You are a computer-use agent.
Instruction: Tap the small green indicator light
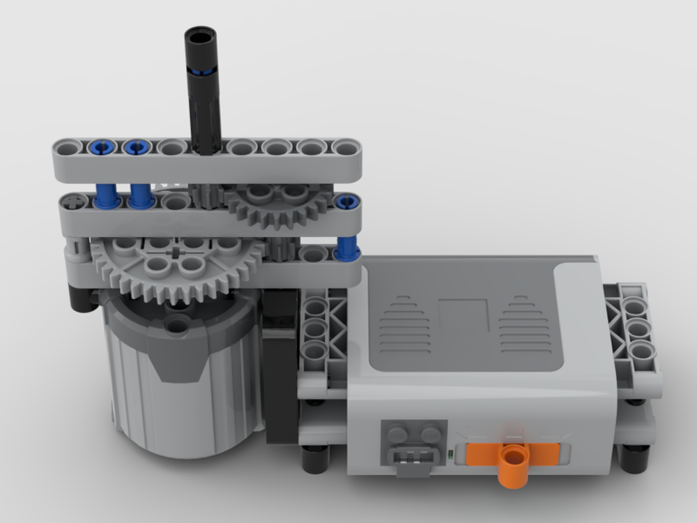click(x=452, y=457)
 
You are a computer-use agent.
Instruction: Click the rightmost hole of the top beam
click(x=344, y=148)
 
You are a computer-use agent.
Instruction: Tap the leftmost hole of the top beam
click(x=68, y=147)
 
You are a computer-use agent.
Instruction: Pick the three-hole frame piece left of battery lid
click(x=318, y=327)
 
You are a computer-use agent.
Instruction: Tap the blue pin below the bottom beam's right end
click(x=346, y=248)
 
